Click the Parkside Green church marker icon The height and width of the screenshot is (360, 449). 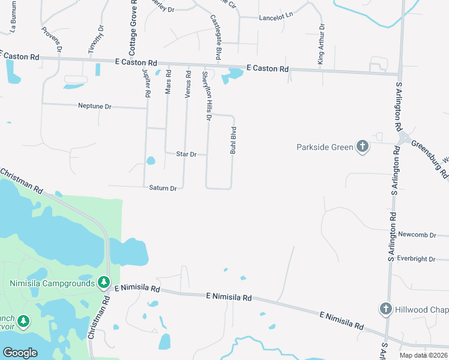[362, 146]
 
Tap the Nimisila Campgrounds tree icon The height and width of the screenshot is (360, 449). [104, 281]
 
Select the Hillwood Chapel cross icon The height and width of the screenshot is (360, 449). [386, 308]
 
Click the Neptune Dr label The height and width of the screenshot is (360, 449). [95, 106]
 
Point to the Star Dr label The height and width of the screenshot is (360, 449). [186, 154]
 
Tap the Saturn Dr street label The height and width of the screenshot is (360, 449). [163, 188]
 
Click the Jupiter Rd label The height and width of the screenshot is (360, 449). [146, 83]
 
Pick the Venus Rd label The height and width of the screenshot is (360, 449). [188, 83]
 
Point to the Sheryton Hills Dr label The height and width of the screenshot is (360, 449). [207, 95]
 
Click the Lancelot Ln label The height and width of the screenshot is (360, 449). [275, 18]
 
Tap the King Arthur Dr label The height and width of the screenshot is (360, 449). [321, 44]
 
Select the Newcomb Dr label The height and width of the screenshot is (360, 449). [416, 235]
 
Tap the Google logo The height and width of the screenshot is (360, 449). [20, 352]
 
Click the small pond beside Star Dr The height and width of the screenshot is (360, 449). [150, 160]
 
